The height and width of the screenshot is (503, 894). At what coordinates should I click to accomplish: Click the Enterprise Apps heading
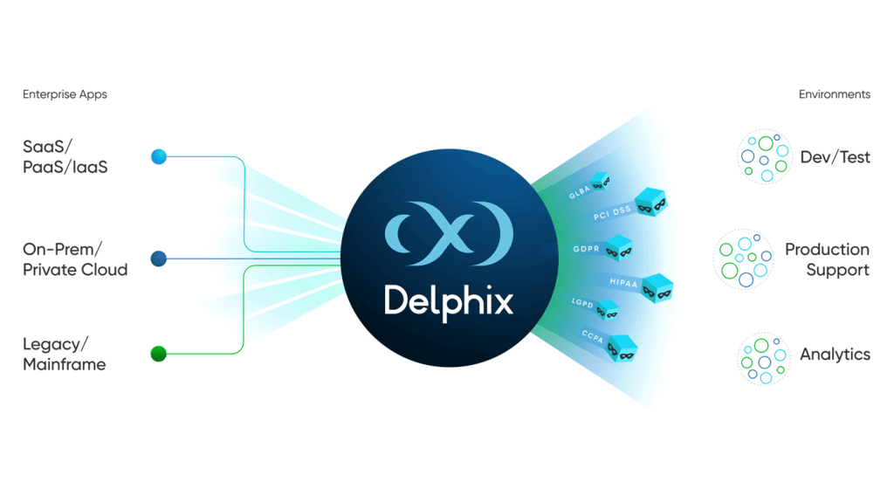pos(65,94)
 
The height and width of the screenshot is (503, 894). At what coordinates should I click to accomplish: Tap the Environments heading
pos(834,94)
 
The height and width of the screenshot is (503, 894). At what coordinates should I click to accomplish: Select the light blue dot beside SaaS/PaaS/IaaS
pos(159,156)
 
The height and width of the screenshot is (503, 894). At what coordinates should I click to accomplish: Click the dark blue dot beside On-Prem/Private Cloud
pos(159,258)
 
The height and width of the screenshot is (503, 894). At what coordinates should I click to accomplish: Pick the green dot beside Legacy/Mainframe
pos(159,354)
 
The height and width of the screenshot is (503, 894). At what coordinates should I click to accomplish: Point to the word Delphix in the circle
pos(449,302)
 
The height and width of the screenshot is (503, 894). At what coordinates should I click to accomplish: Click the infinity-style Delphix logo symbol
pos(450,233)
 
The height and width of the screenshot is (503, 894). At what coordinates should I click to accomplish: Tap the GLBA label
pos(580,193)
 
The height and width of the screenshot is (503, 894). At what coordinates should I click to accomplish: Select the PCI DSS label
pos(612,213)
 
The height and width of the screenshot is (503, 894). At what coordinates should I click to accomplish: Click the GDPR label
pos(586,249)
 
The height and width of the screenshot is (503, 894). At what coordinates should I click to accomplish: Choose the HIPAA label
pos(623,282)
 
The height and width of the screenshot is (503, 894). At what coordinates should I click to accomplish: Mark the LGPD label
pos(582,303)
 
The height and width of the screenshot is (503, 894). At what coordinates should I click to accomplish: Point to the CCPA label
pos(593,336)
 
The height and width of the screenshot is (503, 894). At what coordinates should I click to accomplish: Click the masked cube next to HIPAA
pos(657,287)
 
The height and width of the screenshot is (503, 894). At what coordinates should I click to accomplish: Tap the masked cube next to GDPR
pos(619,248)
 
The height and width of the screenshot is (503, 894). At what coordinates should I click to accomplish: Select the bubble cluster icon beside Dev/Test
pos(765,156)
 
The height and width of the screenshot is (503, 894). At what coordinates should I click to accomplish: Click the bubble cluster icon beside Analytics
pos(764,359)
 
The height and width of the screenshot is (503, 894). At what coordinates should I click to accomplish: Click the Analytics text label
pos(835,355)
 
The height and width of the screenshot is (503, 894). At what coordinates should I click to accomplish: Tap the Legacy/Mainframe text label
pos(65,355)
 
